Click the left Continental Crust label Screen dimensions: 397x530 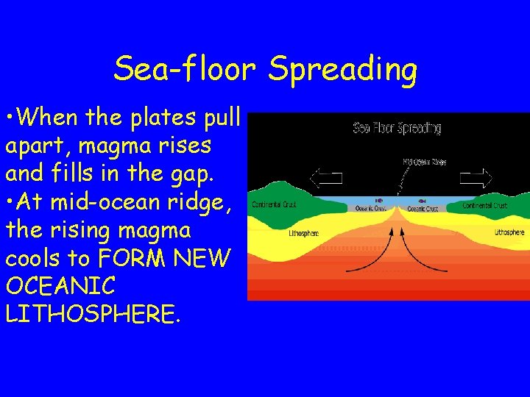click(x=274, y=205)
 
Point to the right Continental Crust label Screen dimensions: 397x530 click(x=485, y=205)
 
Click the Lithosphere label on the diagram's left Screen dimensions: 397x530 click(x=303, y=235)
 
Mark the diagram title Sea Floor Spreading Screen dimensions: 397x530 click(x=397, y=129)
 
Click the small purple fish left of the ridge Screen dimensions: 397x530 click(x=378, y=200)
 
